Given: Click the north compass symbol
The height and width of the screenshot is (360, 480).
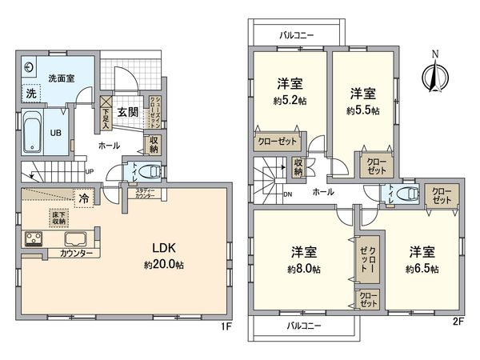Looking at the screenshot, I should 434,75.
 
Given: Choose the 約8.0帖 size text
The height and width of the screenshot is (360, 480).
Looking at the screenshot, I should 306,269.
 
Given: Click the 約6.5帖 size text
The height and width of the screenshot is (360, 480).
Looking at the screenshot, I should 423,269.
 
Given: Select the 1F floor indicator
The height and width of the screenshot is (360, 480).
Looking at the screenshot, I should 226,327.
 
